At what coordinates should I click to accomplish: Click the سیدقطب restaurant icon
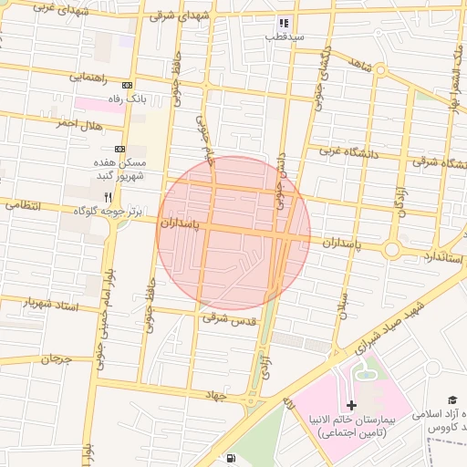click(283, 23)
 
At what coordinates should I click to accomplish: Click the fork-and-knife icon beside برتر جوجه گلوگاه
click(108, 196)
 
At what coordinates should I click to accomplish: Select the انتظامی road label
click(24, 206)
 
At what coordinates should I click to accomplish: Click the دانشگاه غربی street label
click(348, 152)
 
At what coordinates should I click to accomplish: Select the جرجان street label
click(55, 359)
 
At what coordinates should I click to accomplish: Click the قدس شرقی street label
click(227, 318)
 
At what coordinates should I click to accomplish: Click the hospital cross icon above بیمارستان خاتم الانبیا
click(352, 404)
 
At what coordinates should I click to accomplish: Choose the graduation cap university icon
click(451, 400)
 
